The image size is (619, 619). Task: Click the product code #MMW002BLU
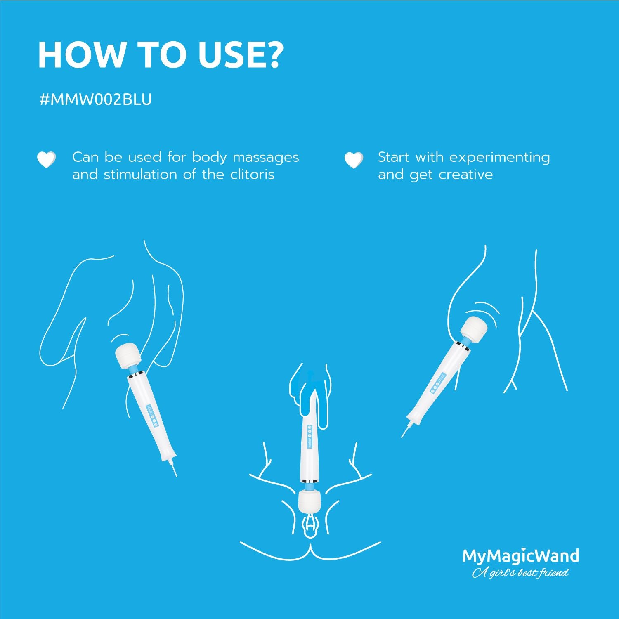[95, 99]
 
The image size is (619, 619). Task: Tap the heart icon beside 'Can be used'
[46, 160]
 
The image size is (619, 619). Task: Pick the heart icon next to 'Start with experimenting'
[354, 160]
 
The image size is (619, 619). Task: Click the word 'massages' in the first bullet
[266, 157]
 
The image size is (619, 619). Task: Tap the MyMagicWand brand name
[520, 556]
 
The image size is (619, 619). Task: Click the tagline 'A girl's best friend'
[520, 573]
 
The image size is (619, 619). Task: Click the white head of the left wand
[128, 356]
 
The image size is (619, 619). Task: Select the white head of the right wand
[474, 328]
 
